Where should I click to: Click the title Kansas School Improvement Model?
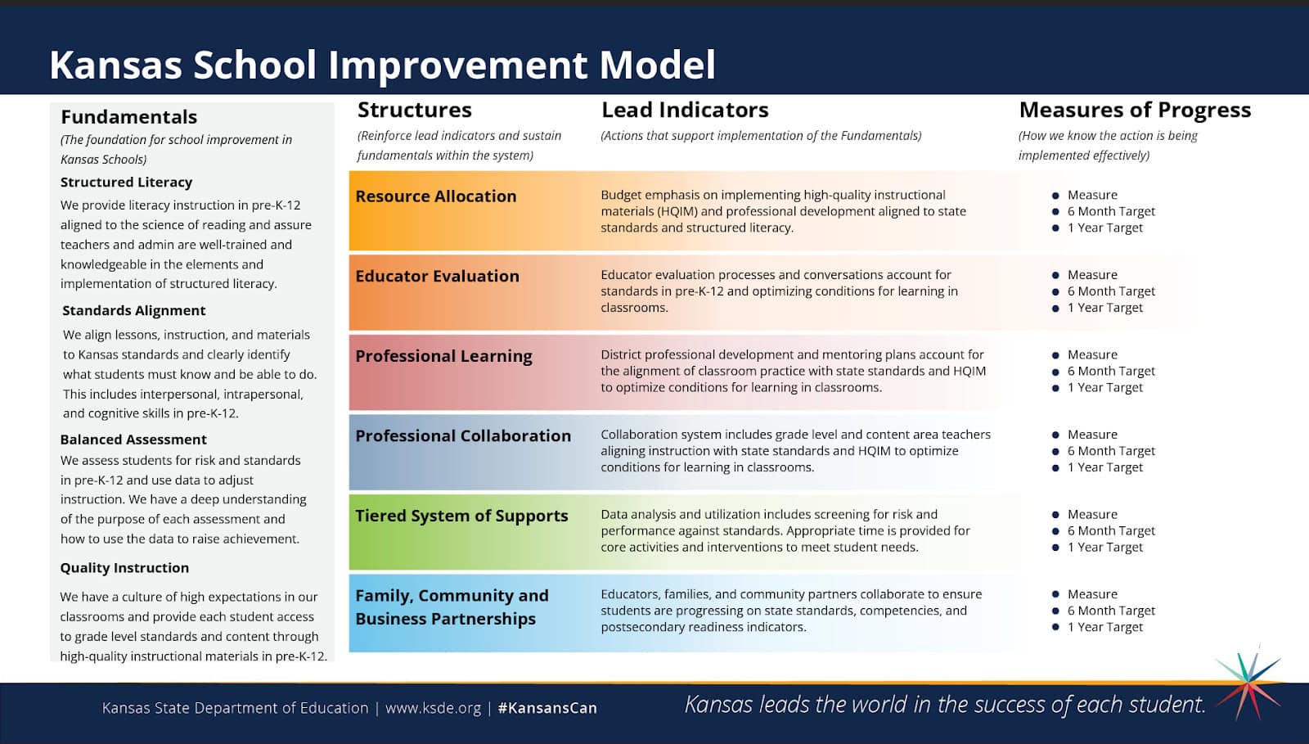(382, 65)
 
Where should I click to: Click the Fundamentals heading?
(128, 117)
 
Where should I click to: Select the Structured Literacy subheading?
(126, 183)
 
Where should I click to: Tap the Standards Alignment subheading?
(134, 310)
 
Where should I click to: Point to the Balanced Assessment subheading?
(133, 440)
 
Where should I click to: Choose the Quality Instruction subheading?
(124, 568)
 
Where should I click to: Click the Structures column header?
(414, 110)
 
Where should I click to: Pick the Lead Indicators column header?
(685, 110)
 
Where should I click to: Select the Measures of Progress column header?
(1135, 110)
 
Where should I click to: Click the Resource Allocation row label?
(436, 196)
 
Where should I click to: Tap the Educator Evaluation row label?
(437, 276)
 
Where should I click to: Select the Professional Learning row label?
(443, 356)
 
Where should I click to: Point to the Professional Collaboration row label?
(463, 436)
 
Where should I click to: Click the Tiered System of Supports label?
(461, 516)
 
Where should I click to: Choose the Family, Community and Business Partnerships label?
(452, 607)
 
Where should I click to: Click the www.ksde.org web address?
(433, 708)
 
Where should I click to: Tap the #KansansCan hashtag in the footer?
(547, 708)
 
